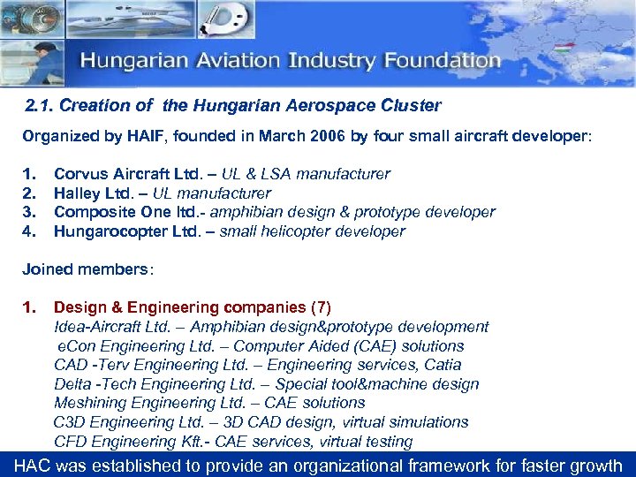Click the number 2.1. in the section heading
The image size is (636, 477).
[x=41, y=106]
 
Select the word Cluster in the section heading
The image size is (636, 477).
[x=413, y=106]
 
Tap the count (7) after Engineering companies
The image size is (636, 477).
[x=321, y=308]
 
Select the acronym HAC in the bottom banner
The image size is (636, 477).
[x=33, y=465]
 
